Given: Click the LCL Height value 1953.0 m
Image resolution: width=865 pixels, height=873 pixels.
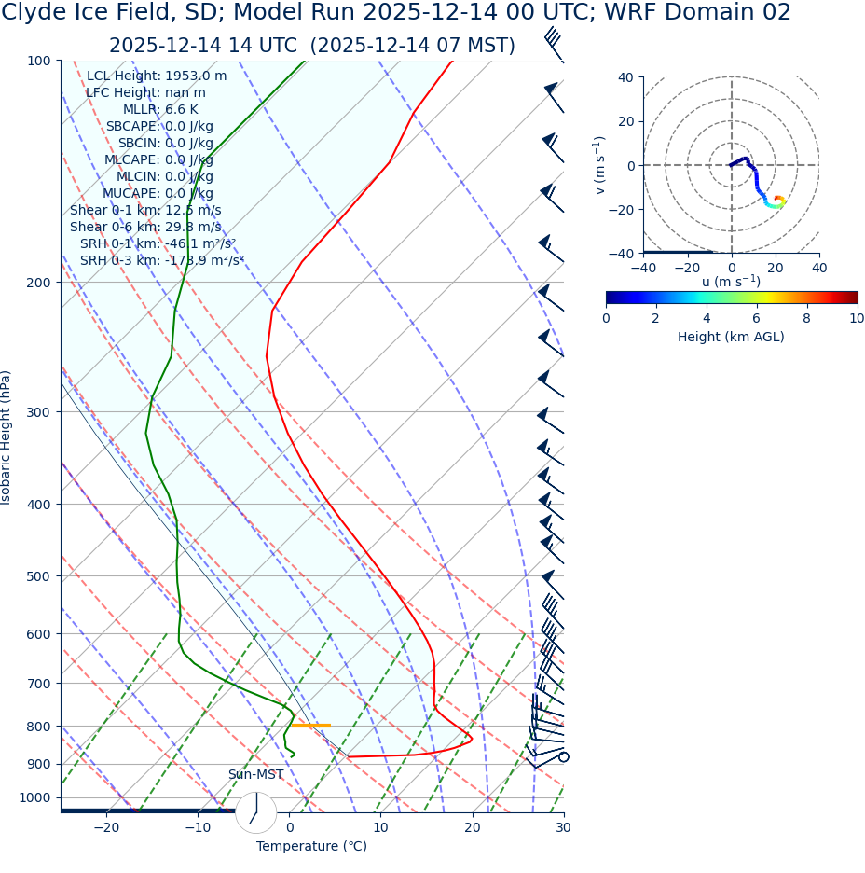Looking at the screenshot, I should point(196,76).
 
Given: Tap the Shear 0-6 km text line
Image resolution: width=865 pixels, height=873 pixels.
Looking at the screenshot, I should point(145,228).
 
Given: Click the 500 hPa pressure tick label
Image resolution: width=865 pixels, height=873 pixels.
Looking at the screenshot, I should point(38,577).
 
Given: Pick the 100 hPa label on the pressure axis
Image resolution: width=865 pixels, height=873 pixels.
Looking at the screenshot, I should point(38,62).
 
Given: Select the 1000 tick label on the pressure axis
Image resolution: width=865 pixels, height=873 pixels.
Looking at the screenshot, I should point(34,798).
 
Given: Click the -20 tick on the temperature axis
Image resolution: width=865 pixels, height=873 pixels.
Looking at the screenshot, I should point(106,828).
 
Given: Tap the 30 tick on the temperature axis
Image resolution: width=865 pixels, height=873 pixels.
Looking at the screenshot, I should point(563,828).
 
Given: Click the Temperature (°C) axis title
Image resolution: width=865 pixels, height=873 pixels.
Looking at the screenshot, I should point(311,847).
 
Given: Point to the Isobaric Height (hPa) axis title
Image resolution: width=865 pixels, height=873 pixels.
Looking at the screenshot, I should point(7,437).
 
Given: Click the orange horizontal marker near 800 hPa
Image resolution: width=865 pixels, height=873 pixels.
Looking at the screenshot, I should point(310,726).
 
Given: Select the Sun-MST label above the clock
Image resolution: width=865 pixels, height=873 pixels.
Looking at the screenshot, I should point(255,775).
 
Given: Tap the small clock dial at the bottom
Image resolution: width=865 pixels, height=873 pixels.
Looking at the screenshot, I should point(255,812).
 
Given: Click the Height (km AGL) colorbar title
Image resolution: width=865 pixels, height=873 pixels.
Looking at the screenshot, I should point(731,338).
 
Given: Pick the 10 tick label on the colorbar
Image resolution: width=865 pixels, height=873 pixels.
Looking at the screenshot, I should point(856,319).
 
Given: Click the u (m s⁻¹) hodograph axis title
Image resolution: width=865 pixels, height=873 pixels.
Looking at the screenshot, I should point(731,282).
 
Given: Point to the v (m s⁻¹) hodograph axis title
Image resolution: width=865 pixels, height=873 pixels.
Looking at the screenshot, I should point(600,165).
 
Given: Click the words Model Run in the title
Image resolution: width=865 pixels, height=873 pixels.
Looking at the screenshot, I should point(296,13).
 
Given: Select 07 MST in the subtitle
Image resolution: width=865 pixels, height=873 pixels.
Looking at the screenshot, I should point(474,47).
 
